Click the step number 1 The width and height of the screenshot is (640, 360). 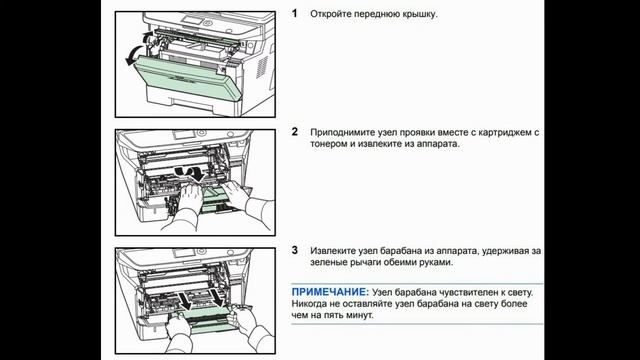294,15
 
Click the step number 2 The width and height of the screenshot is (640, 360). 294,131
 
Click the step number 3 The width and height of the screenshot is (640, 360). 294,249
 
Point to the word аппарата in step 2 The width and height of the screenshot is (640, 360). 432,144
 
